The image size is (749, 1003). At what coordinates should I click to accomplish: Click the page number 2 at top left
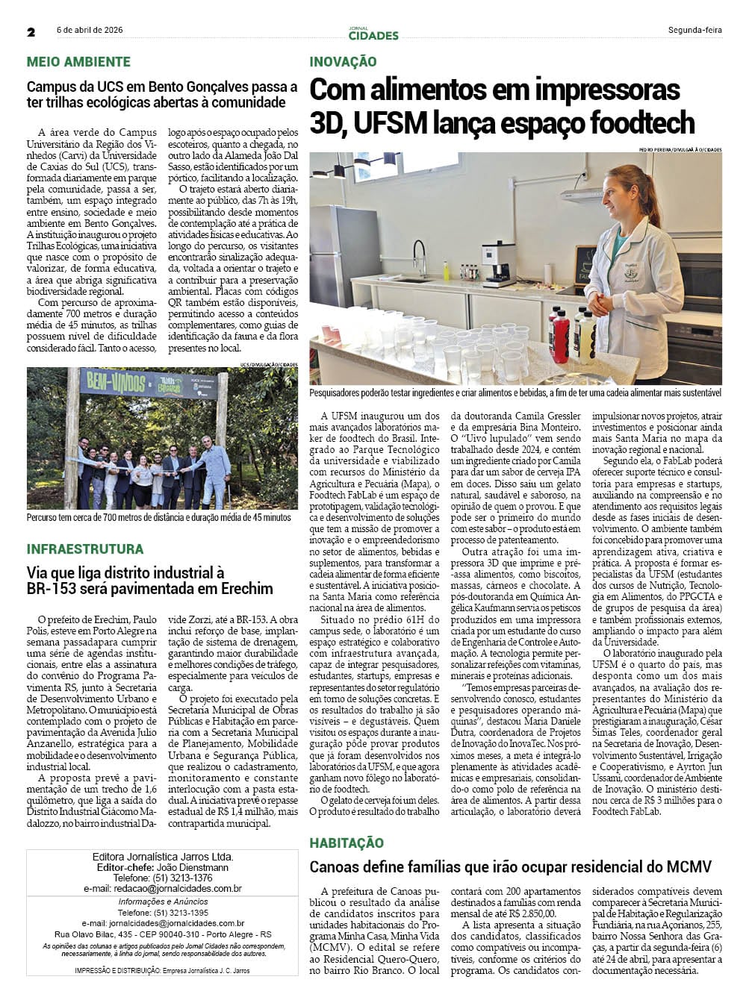click(31, 32)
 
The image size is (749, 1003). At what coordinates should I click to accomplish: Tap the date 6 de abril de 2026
click(90, 31)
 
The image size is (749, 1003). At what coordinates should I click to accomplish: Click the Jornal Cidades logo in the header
click(373, 33)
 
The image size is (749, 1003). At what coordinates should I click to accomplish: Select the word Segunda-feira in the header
click(694, 31)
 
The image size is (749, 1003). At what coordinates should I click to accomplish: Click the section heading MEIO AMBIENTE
click(78, 62)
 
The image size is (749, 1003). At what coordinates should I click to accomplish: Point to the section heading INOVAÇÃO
click(343, 62)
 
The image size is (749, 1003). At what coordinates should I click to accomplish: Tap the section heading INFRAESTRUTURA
click(85, 549)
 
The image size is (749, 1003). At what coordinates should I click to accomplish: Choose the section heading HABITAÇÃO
click(346, 843)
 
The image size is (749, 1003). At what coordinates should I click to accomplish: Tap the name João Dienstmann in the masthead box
click(193, 868)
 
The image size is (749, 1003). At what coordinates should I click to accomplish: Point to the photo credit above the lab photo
click(680, 149)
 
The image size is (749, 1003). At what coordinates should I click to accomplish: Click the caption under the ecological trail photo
click(159, 517)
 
